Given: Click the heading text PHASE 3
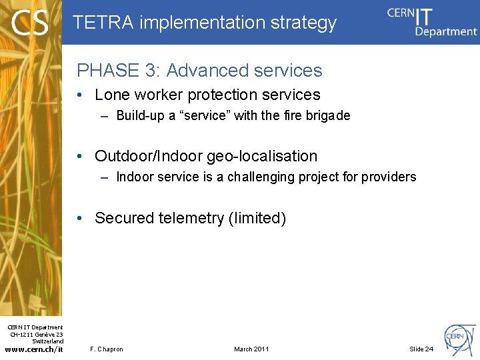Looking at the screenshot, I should pyautogui.click(x=117, y=70).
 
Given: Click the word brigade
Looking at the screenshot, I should pyautogui.click(x=328, y=115).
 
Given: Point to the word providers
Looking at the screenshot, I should pyautogui.click(x=389, y=177).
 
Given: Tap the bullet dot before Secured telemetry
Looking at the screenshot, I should pyautogui.click(x=79, y=218).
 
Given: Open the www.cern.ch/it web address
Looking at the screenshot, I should pyautogui.click(x=35, y=349).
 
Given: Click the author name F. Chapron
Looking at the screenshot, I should pyautogui.click(x=106, y=349).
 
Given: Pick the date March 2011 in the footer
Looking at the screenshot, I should pyautogui.click(x=251, y=349).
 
